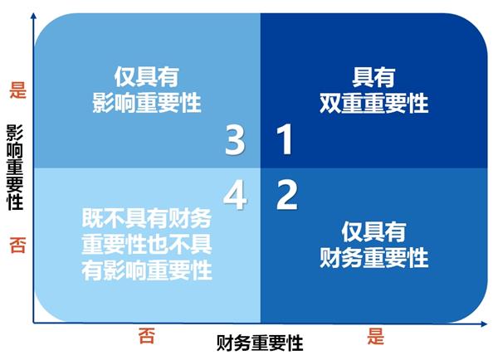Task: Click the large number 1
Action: (285, 141)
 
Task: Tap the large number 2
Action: (287, 197)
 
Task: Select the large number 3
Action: (236, 141)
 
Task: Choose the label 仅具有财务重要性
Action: (374, 245)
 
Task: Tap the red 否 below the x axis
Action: (146, 335)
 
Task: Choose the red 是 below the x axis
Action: (375, 335)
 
